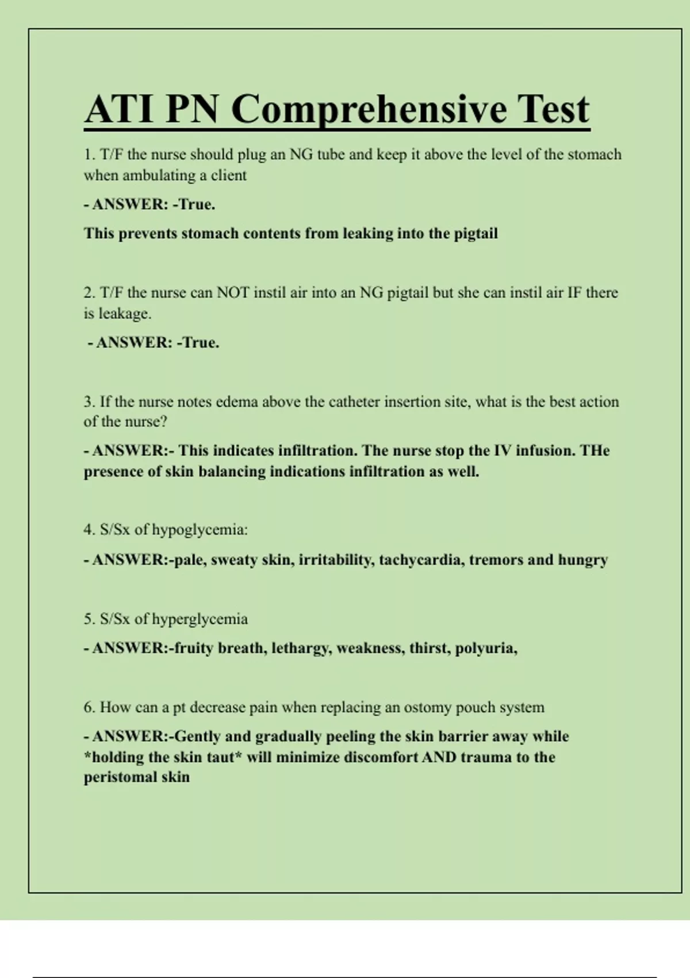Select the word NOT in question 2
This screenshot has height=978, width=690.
click(x=233, y=293)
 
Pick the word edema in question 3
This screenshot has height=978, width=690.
click(x=236, y=402)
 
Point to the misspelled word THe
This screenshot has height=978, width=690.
click(x=595, y=450)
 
